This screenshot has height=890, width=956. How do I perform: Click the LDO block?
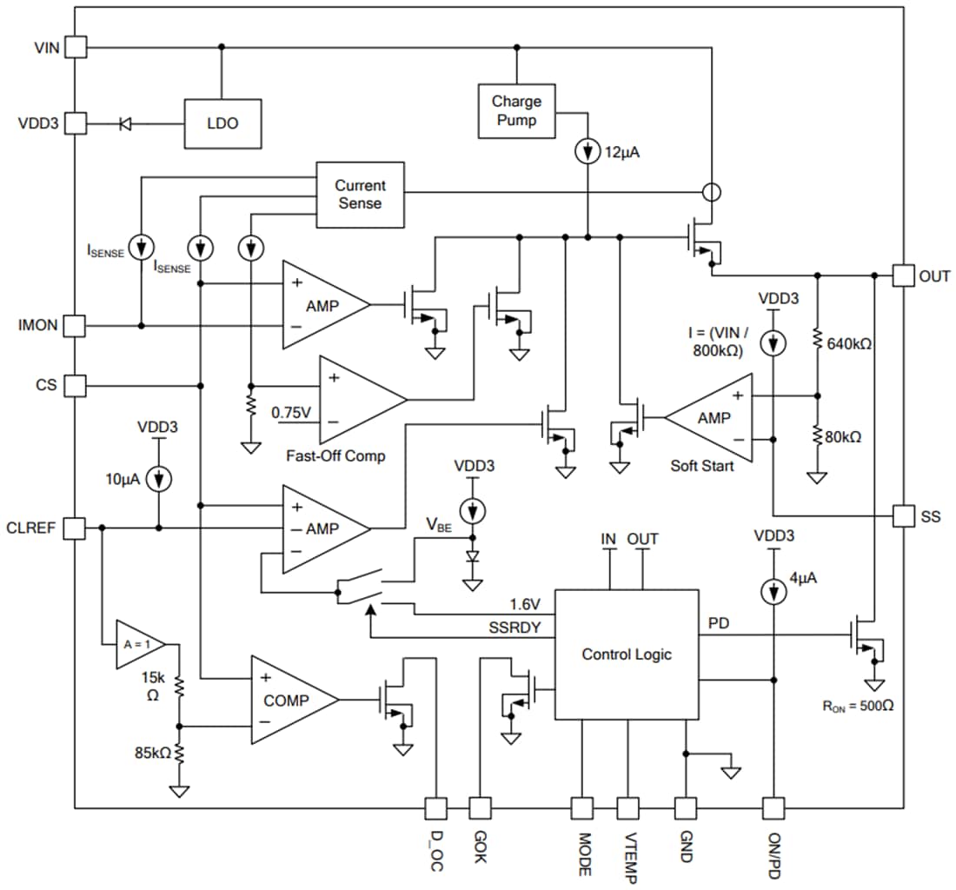coord(222,123)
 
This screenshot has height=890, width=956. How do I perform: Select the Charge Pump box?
coord(516,110)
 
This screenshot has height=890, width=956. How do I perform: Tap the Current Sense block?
coord(359,194)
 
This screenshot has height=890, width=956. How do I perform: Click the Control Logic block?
coord(626,654)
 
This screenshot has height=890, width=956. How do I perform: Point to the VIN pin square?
coord(77,47)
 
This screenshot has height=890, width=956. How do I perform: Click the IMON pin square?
coord(77,326)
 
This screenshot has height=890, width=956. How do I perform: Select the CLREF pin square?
coord(77,527)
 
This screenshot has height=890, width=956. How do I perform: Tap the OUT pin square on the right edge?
coord(906,276)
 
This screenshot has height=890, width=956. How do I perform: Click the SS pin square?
coord(906,515)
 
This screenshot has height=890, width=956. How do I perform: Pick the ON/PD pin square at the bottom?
coord(773,808)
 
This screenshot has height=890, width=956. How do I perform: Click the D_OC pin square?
coord(435,808)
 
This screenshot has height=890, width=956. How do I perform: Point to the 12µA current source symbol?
coord(588,152)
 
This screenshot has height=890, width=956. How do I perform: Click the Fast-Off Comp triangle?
coord(356,400)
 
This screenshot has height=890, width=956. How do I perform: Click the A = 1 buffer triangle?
coord(137,644)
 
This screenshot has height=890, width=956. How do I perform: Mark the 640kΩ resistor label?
coord(851,343)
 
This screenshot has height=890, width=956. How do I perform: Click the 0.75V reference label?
coord(292,412)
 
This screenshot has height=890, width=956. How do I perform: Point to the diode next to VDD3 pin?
coord(125,123)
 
